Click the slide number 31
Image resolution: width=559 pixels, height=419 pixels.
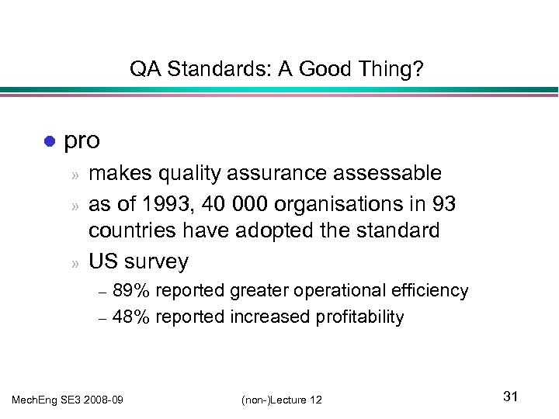(x=510, y=396)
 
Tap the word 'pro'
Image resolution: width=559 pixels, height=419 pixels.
(x=82, y=140)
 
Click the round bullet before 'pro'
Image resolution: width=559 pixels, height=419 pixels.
(x=48, y=142)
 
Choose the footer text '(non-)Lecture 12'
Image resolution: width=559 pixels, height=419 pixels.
(x=281, y=399)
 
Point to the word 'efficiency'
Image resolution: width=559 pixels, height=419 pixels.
(x=429, y=291)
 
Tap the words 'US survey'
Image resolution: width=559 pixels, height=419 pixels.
(x=138, y=261)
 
